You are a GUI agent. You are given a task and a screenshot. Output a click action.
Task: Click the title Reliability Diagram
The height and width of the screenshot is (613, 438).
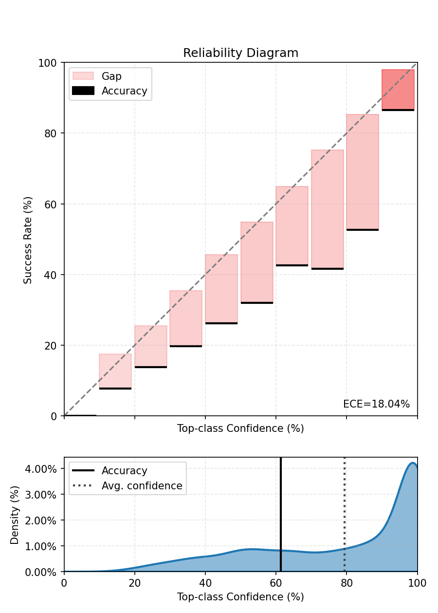coord(240,53)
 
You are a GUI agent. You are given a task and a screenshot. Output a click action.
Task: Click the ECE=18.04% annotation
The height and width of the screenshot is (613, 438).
coord(376,404)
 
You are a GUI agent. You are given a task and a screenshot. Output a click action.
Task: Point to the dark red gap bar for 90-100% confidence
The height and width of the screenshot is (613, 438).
coord(398,90)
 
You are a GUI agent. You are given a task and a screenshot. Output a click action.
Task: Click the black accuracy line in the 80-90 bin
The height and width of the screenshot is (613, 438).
coord(363,229)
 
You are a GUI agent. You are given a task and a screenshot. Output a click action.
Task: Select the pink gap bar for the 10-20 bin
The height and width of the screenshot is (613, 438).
coord(115,371)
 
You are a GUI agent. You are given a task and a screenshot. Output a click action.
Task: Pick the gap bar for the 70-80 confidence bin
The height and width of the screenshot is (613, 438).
coord(328,209)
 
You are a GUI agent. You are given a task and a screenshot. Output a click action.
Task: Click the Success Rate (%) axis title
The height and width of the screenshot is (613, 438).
coord(28,240)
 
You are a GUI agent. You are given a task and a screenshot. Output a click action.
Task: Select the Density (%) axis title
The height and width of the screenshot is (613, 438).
coord(15,515)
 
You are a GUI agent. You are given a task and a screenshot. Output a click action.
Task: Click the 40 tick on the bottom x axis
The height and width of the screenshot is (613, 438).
coord(205,583)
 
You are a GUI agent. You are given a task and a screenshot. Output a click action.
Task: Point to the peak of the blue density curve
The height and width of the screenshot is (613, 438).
coord(412,463)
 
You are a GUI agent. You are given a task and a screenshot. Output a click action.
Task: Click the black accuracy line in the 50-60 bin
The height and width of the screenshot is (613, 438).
coord(257,303)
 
